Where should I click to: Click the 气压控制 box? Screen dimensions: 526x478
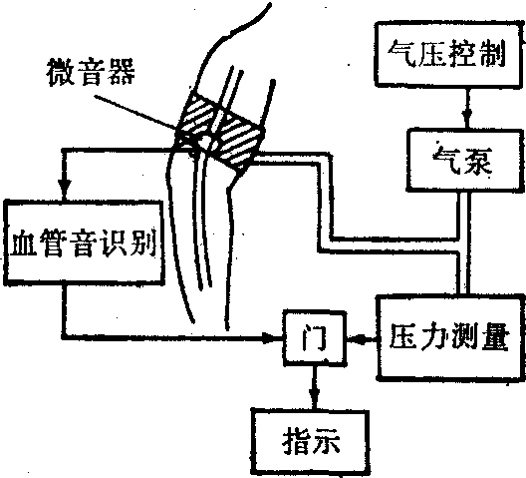[x=449, y=54]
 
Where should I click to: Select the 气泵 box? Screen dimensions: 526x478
[x=465, y=161]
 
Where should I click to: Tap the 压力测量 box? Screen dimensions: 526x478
[x=450, y=337]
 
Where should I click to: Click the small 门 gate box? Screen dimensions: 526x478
[x=314, y=338]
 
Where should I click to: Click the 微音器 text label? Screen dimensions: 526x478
[x=91, y=72]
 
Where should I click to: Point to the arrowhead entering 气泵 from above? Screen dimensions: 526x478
[x=467, y=120]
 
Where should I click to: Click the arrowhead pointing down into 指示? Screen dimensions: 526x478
[x=314, y=399]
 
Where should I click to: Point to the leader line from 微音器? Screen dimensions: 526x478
[x=134, y=113]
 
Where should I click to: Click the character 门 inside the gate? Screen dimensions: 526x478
[x=314, y=337]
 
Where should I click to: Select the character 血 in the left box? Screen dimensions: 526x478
[x=24, y=242]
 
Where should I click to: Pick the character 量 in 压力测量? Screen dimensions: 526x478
[x=495, y=337]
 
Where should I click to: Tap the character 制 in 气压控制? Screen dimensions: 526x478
[x=492, y=54]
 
